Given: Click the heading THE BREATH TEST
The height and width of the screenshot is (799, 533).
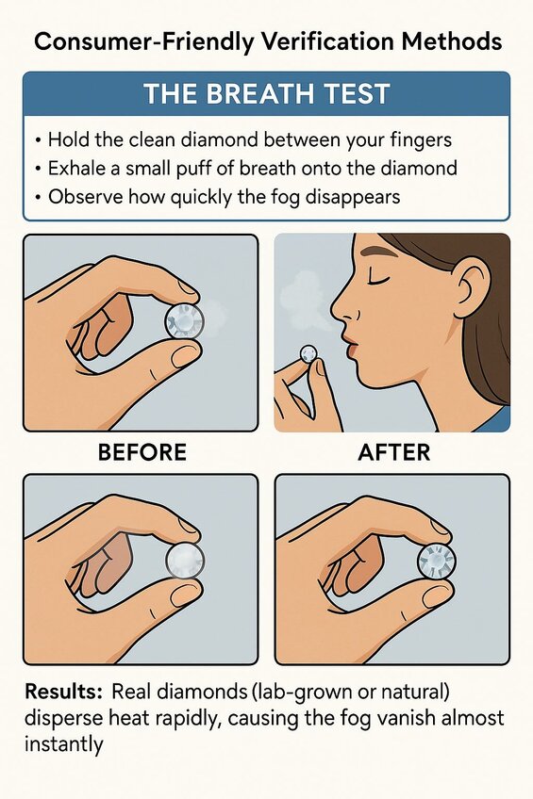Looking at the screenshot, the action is point(267,94).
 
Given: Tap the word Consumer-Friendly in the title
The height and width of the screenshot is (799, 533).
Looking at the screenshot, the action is point(143,41).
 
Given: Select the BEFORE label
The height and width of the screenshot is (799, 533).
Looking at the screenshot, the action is point(142,452).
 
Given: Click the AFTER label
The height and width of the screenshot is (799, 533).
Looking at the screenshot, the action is point(393,452).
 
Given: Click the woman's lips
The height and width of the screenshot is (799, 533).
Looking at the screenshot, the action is point(352,346).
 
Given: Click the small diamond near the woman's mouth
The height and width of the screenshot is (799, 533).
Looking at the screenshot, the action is point(308,353).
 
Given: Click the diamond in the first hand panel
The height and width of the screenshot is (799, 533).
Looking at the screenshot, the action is point(185,322).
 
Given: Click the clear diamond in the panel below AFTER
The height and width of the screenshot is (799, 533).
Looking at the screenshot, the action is point(436,561).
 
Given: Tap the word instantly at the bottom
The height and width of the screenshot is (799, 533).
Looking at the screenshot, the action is point(63,745).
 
